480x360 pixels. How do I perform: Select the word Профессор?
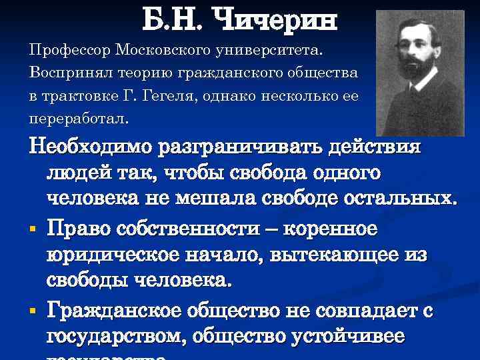[69, 50]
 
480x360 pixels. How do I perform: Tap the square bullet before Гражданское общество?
[33, 311]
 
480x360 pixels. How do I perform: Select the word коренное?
[331, 229]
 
